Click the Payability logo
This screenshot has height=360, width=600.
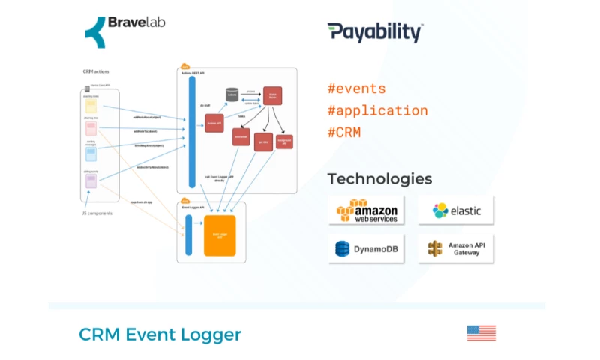[375, 32]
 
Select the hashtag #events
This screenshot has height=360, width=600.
[356, 88]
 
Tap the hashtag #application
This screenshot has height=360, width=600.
[377, 110]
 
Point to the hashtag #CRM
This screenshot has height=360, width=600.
[344, 133]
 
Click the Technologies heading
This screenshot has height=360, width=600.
[379, 178]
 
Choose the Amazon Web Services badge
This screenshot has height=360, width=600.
[367, 211]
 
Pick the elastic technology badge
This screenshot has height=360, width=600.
[456, 211]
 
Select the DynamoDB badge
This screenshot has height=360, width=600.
[367, 248]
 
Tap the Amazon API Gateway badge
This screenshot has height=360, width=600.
[456, 248]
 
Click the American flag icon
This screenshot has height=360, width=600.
[481, 333]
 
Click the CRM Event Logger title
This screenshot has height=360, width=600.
[160, 334]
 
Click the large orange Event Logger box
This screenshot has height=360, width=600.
[220, 234]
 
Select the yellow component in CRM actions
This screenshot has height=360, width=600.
[91, 106]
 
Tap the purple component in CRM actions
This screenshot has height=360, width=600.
[91, 181]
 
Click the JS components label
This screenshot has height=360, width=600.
[97, 214]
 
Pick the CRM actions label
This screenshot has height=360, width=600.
[97, 71]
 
